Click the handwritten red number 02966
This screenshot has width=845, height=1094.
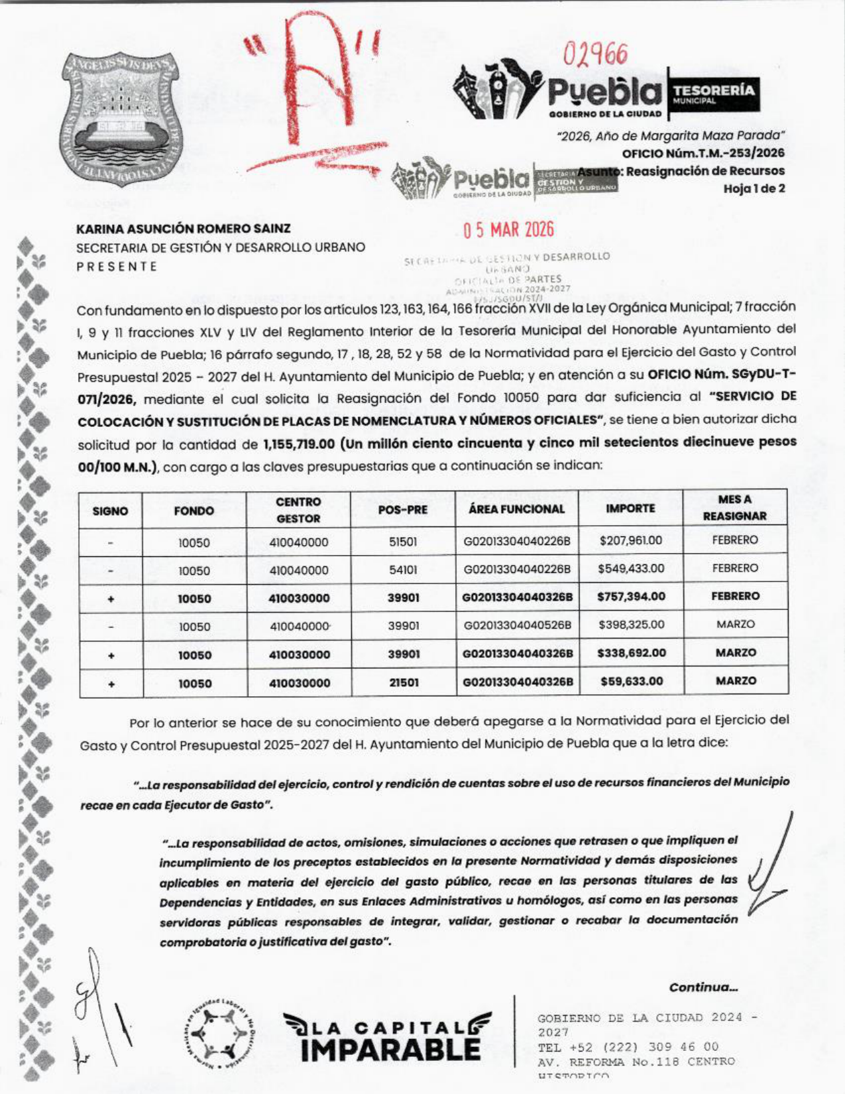coord(595,53)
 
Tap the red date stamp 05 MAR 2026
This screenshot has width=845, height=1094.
coord(508,230)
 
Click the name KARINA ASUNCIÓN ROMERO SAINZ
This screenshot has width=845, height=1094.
coord(184,229)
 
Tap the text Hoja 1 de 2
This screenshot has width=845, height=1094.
coord(754,188)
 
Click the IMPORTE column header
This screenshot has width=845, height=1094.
coord(630,509)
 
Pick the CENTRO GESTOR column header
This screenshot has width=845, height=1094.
coord(298,510)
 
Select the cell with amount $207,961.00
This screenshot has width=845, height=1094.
coord(630,540)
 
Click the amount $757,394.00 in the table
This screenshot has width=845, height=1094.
coord(631,597)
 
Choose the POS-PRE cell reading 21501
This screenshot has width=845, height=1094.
coord(403,682)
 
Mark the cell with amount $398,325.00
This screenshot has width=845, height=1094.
coord(631,625)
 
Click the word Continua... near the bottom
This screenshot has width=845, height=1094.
coord(703,987)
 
